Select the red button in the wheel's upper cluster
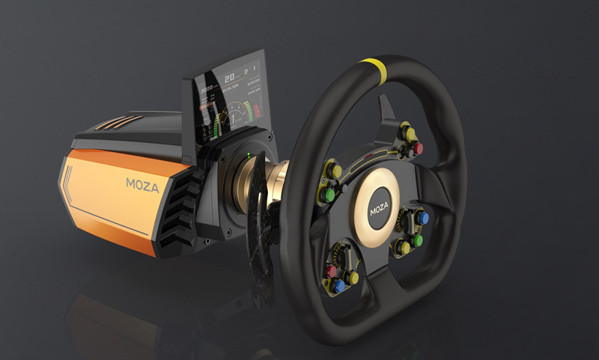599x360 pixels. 418,149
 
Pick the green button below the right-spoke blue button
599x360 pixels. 417,240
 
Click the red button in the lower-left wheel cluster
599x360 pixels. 331,271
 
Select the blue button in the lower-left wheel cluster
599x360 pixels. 339,285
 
